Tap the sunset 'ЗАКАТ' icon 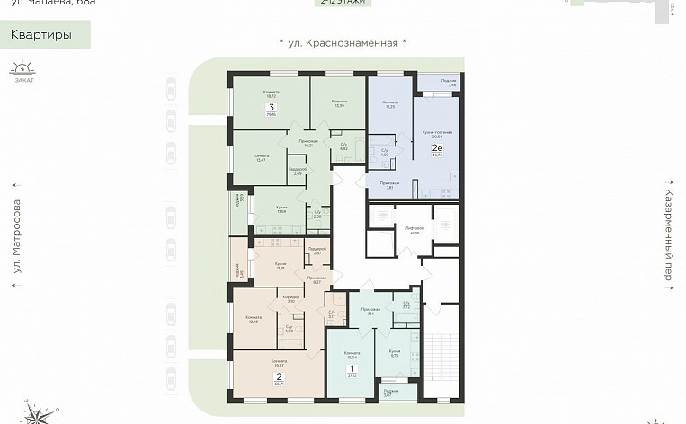click(x=21, y=71)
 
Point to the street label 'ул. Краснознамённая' click(x=342, y=42)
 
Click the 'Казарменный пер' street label click(x=669, y=234)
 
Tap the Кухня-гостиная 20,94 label click(x=436, y=134)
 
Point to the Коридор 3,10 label click(x=291, y=299)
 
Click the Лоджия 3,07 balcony click(x=391, y=393)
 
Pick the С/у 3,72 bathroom click(x=406, y=305)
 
